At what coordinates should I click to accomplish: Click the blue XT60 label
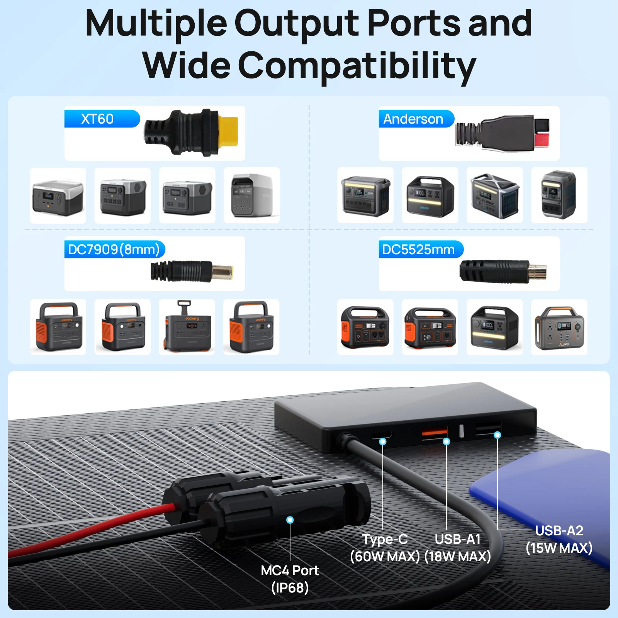coord(102,119)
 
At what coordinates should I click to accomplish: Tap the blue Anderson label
coord(416,119)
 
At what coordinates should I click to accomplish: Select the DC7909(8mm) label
coord(114,250)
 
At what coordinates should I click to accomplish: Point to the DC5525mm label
coord(421,250)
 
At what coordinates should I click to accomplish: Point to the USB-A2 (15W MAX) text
coord(559,539)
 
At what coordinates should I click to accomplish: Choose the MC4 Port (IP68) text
coord(290,579)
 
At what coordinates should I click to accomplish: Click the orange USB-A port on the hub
coord(435,432)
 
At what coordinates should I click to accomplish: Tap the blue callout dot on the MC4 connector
coord(290,520)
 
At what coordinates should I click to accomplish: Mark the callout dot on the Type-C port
coord(383,441)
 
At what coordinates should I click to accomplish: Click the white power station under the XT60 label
coord(252,195)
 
